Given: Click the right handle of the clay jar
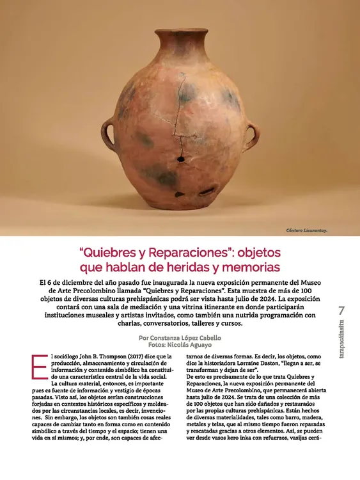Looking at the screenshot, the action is (252, 136).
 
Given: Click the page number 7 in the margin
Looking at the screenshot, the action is (342, 310).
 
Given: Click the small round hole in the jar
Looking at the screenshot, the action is (182, 158).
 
